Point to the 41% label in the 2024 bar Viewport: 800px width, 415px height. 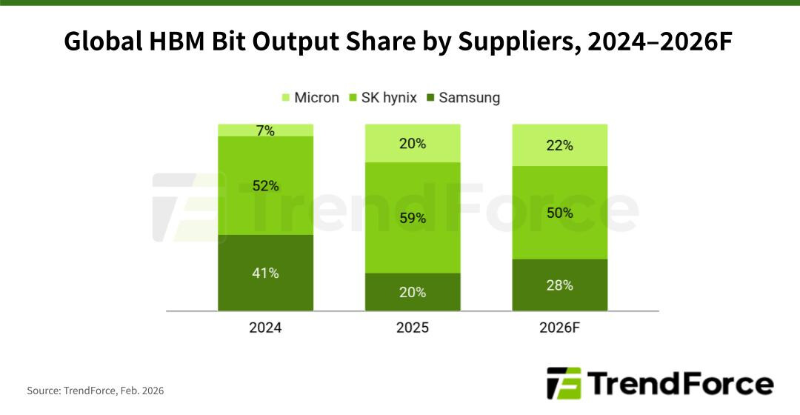coord(265,273)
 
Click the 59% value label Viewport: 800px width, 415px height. coord(413,218)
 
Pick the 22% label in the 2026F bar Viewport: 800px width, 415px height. coord(560,145)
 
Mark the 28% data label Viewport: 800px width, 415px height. coord(560,285)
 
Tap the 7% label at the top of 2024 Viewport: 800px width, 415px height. coord(265,131)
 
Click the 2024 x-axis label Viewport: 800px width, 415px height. coord(265,328)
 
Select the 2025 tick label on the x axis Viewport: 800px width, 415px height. coord(413,328)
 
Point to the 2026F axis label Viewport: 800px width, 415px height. coord(560,328)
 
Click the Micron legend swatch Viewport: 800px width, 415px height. coord(286,98)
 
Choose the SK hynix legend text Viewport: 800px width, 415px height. coord(388,98)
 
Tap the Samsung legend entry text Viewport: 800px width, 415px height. coord(469,98)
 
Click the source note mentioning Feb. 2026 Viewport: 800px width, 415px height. coord(96,390)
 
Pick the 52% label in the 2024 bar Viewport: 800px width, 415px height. coord(265,186)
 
